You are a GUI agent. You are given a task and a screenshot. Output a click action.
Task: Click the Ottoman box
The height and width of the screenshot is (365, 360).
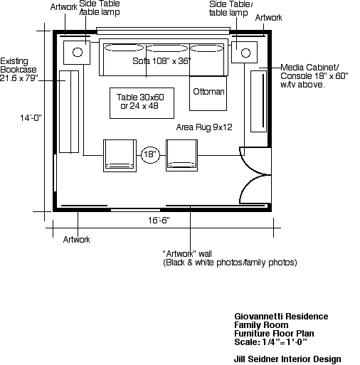coord(208,93)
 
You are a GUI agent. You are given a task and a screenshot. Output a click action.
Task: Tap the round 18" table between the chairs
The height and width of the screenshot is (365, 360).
coord(150,154)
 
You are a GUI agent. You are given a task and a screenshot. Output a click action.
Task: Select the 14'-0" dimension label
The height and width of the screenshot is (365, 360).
coord(31,118)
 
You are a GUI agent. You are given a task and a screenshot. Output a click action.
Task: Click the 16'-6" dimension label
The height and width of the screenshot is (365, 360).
coord(159,221)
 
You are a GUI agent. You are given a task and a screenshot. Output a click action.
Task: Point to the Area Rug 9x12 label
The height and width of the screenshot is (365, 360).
coord(204,127)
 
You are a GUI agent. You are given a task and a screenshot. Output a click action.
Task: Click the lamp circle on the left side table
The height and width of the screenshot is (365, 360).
coord(78,52)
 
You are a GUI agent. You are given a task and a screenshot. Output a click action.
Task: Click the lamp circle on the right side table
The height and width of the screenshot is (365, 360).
coord(245,53)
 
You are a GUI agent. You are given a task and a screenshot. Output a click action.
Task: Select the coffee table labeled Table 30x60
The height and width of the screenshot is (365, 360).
coord(142,103)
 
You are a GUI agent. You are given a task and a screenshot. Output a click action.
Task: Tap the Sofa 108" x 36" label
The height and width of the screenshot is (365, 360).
coord(162,61)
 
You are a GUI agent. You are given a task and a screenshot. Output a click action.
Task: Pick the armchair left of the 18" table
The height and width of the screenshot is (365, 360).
coord(120,156)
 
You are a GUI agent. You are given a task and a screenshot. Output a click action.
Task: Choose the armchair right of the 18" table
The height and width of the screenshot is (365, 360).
coord(181,155)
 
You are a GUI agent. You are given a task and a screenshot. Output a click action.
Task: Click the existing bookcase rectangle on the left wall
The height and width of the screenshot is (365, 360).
coord(69,112)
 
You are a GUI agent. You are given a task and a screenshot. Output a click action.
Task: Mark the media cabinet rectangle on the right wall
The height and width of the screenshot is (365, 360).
coord(258,101)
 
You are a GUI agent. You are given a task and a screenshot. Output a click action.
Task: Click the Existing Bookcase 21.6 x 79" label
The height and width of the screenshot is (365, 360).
coord(18,70)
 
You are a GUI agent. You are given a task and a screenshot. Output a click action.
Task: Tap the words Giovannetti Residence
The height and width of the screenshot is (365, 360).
coord(281,317)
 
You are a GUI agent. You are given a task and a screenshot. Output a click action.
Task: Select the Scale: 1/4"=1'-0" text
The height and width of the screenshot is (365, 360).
coord(270,342)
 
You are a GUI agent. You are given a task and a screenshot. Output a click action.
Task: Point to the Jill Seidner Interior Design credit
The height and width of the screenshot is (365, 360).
coord(287,359)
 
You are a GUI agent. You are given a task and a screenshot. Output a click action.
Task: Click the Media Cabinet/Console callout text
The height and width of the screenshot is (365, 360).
coord(314,76)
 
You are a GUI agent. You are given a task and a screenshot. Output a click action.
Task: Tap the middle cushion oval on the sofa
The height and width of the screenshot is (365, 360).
coord(167,48)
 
